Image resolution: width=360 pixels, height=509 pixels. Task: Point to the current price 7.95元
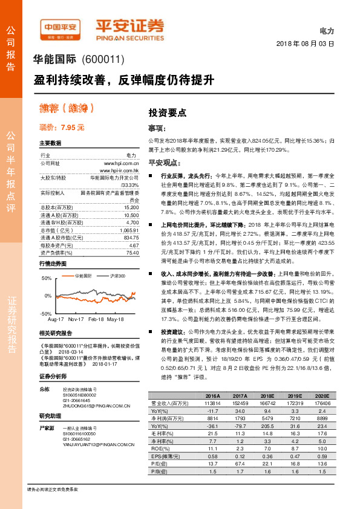[x=62, y=128]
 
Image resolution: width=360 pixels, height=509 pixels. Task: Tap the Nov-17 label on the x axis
[x=76, y=319]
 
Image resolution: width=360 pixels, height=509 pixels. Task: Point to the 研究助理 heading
[x=50, y=417]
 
